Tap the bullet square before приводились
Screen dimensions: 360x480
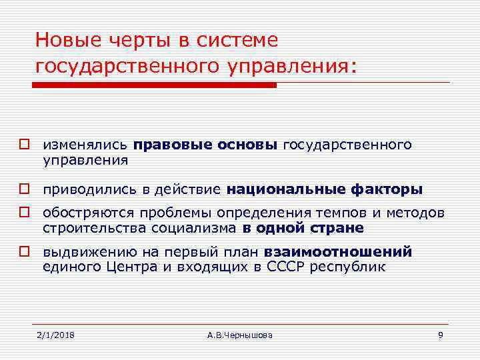click(x=25, y=190)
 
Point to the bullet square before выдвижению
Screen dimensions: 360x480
click(x=25, y=253)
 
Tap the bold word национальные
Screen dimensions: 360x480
click(x=285, y=189)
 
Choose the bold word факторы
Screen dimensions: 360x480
click(x=386, y=189)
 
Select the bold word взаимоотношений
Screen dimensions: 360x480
click(x=338, y=252)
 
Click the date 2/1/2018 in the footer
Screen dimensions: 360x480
click(x=55, y=334)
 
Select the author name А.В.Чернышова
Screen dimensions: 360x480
click(x=240, y=334)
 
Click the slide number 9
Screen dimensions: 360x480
click(x=440, y=334)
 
